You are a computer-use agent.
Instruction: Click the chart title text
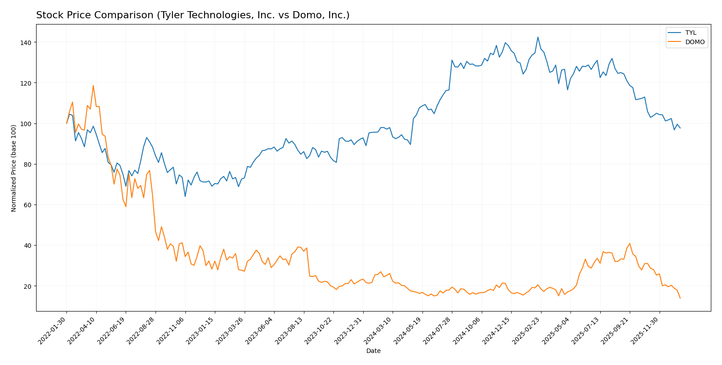pyautogui.click(x=193, y=15)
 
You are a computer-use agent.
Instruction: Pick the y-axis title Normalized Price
pyautogui.click(x=14, y=168)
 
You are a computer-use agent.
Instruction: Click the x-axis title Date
pyautogui.click(x=373, y=351)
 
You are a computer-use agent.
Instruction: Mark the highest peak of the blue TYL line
pyautogui.click(x=537, y=37)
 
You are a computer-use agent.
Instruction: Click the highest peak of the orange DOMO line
pyautogui.click(x=93, y=86)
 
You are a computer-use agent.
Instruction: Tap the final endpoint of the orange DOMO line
pyautogui.click(x=680, y=298)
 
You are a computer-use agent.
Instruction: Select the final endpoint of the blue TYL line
pyautogui.click(x=680, y=128)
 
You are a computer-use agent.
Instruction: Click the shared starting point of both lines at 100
pyautogui.click(x=67, y=123)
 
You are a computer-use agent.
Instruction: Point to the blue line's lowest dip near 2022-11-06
pyautogui.click(x=185, y=197)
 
